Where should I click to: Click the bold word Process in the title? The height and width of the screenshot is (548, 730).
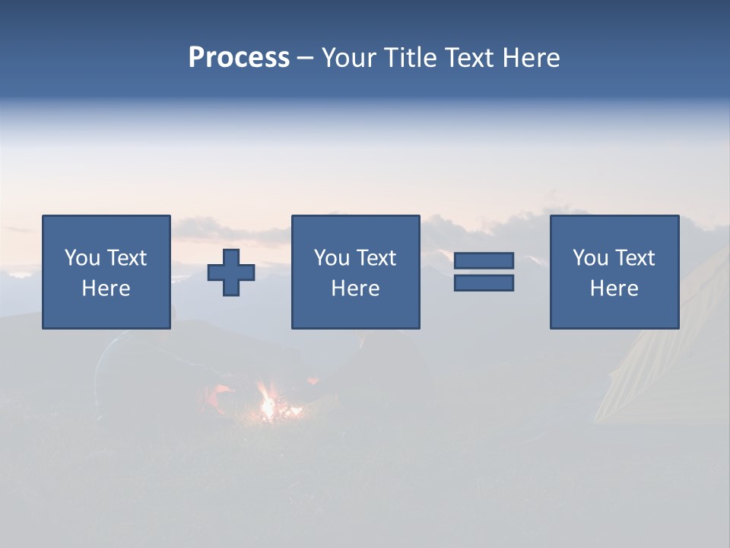pos(239,58)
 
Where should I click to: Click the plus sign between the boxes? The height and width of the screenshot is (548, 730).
pos(231,272)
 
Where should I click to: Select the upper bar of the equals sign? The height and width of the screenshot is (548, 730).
pos(484,260)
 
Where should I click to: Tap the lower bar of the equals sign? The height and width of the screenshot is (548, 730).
pos(484,282)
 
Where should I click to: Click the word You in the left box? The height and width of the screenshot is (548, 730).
pos(81,258)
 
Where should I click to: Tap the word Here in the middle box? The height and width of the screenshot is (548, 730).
pos(355,288)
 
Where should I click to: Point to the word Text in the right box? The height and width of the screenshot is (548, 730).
pos(634,258)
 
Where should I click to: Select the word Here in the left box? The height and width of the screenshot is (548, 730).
pos(106,288)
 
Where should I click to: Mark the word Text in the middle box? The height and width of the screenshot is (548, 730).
pos(376,258)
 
